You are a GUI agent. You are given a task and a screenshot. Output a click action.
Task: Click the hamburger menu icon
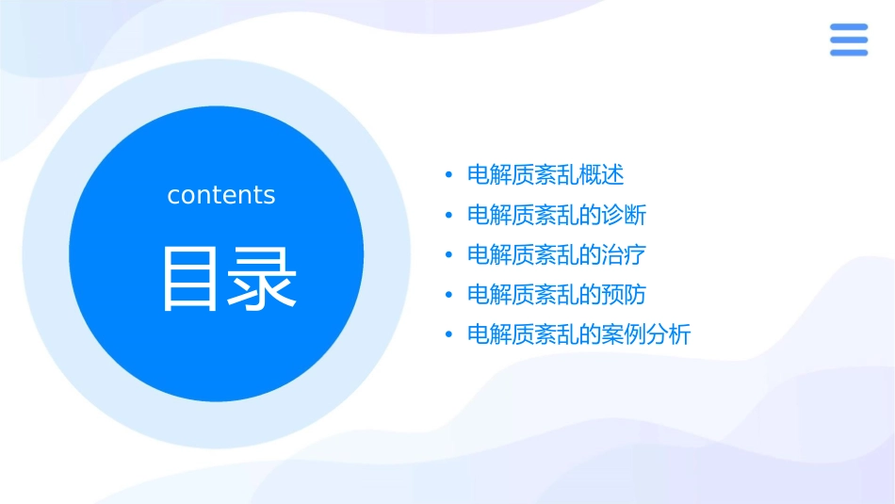848,40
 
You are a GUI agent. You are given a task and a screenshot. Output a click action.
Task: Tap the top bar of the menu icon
848,27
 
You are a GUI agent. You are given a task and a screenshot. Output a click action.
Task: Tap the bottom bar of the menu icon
848,53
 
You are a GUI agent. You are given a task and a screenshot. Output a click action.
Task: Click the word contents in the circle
221,195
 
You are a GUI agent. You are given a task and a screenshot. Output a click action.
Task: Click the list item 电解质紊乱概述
545,175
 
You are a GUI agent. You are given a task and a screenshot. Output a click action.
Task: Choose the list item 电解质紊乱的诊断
557,215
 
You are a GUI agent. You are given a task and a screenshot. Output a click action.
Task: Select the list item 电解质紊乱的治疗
557,254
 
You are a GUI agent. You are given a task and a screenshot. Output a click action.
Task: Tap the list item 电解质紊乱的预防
557,295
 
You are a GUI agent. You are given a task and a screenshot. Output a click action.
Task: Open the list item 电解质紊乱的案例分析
578,334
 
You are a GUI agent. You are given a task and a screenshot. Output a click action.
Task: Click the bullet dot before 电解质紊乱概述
448,175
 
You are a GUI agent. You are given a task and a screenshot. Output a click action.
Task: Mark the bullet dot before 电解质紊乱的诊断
448,215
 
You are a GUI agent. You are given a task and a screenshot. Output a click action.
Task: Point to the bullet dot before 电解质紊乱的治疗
448,255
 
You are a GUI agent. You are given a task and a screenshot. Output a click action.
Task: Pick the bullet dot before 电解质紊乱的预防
448,295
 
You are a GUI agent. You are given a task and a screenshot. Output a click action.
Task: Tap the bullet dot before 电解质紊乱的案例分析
448,334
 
